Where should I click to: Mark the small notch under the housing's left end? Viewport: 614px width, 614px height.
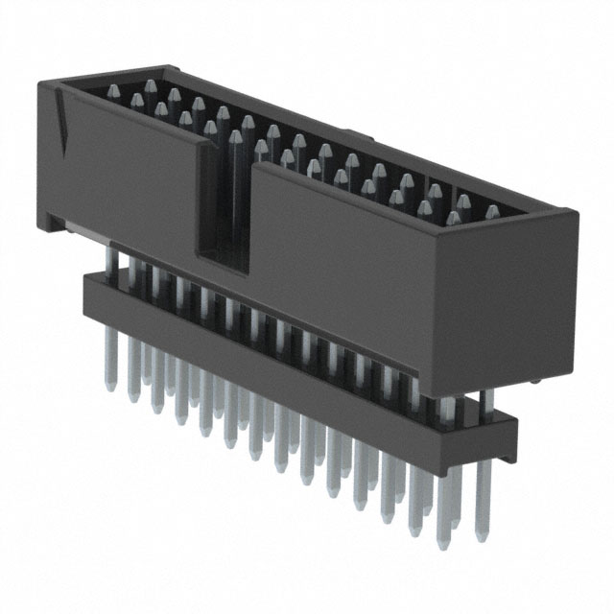click(x=61, y=226)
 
